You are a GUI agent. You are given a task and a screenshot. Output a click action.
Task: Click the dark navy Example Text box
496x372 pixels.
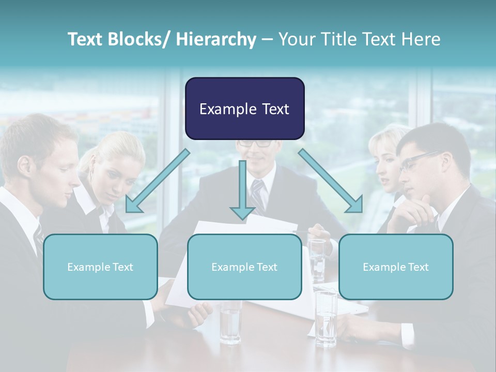pos(244,109)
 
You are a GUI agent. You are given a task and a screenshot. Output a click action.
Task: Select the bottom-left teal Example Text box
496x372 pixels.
pos(100,267)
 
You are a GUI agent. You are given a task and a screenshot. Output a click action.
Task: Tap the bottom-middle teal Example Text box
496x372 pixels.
pos(244,267)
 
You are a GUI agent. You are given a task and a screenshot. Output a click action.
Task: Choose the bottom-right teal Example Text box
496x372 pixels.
pos(396,267)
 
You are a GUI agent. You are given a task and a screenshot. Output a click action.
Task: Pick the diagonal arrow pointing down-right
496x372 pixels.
pos(331,181)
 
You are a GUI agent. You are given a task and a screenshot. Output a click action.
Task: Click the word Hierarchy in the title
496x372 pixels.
pos(216,39)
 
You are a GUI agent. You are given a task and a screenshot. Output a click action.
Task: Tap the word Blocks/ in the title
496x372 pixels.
pos(142,39)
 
